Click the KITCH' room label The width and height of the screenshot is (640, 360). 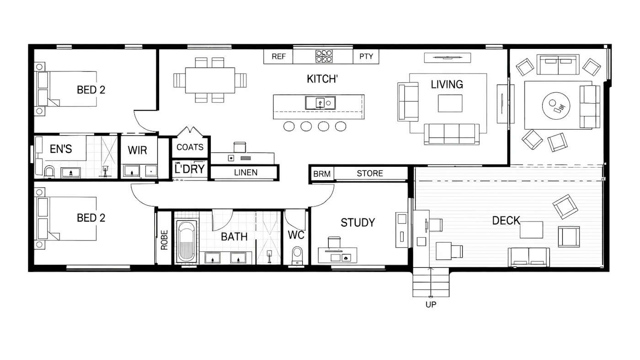322,79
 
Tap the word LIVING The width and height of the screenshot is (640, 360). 447,85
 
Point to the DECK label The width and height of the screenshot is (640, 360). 506,220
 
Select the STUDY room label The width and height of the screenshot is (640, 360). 357,222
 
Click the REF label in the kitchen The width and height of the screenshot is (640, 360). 278,57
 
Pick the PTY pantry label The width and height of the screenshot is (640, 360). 366,56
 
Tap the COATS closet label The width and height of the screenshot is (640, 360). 190,147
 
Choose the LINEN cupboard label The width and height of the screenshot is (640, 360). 246,172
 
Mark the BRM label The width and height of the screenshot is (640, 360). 322,174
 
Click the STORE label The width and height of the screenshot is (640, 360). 370,173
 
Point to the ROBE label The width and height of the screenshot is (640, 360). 164,240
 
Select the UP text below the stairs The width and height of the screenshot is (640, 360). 431,305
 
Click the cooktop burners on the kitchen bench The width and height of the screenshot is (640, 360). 324,56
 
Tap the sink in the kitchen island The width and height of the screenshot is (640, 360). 320,103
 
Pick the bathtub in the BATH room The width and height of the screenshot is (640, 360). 187,241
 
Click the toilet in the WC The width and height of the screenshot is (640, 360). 298,256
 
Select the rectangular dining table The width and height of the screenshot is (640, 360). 210,80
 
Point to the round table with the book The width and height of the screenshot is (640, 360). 556,106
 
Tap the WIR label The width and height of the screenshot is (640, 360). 138,150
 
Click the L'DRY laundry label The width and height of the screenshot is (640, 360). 190,169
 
